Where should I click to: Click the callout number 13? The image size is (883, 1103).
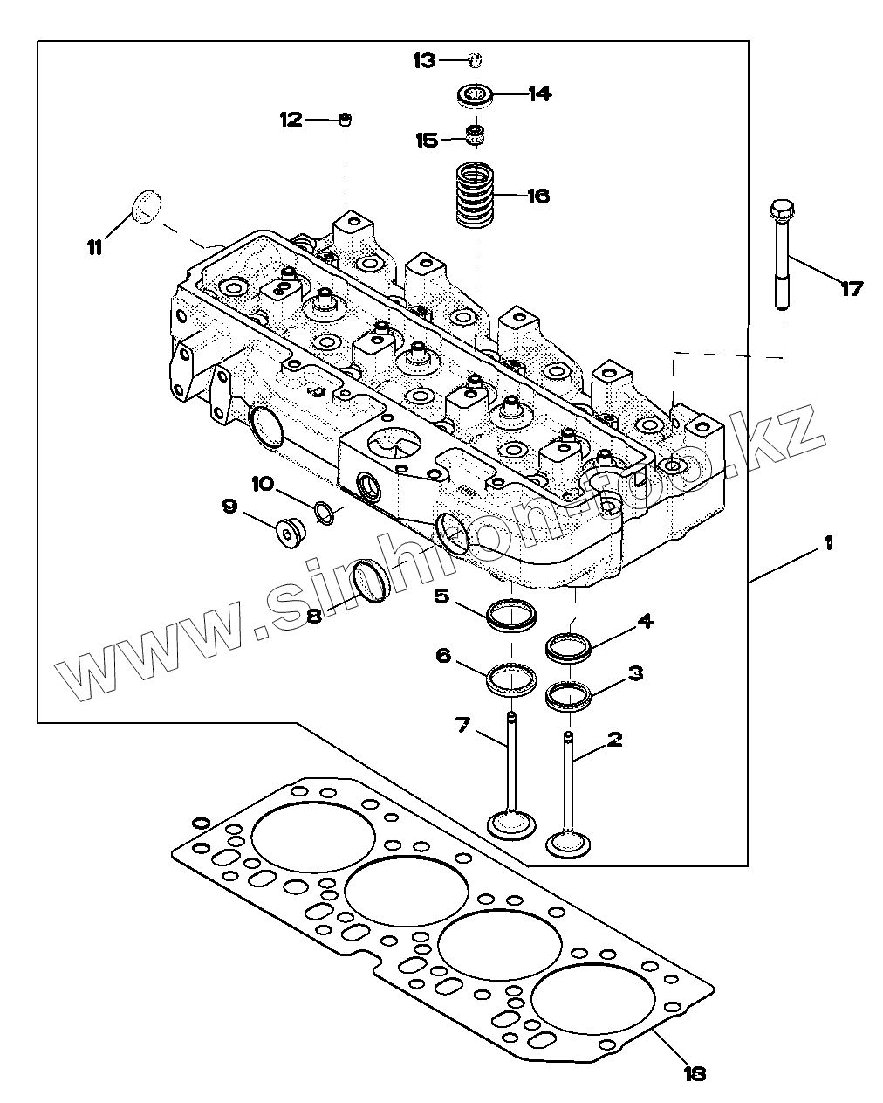[425, 61]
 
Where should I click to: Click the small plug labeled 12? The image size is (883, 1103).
[346, 120]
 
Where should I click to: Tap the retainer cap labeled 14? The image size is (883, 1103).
[476, 95]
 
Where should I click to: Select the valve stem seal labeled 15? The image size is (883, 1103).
[476, 134]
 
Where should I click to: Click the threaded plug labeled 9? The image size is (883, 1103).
[291, 534]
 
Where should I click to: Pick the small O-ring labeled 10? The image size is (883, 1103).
[324, 513]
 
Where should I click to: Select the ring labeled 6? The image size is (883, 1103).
[511, 680]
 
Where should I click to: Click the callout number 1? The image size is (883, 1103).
[828, 544]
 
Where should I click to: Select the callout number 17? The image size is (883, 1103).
[852, 290]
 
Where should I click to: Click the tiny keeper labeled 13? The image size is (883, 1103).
[476, 60]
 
